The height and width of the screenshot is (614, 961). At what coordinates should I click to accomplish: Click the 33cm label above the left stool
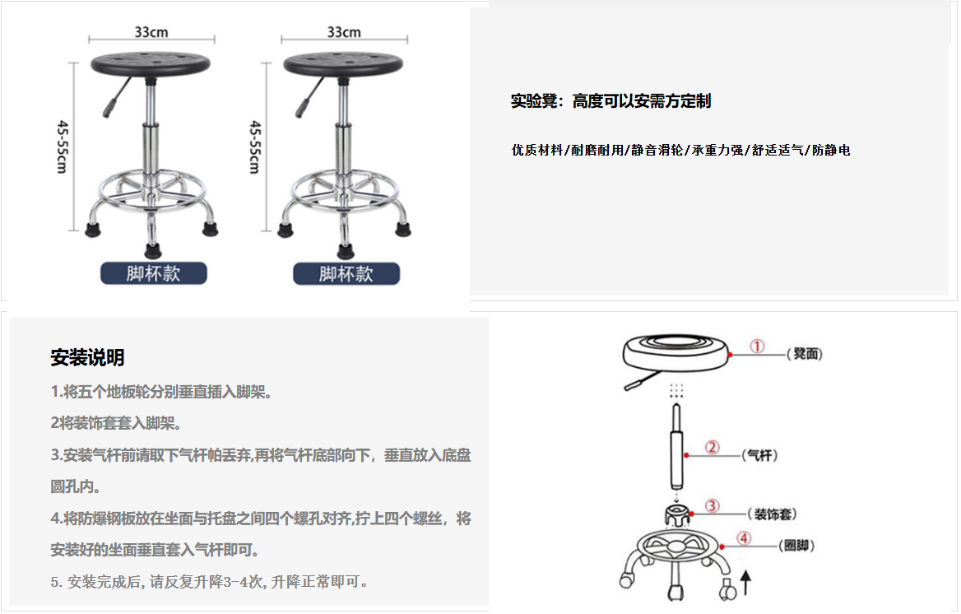[x=151, y=32]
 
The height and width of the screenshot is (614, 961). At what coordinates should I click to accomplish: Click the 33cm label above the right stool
[x=344, y=32]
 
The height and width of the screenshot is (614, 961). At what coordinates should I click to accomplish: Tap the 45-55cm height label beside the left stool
[x=63, y=147]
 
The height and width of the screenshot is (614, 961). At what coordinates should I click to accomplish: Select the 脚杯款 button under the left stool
[x=154, y=273]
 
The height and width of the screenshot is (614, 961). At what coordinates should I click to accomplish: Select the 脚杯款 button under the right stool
[x=346, y=273]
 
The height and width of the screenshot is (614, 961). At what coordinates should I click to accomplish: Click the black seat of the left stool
[x=150, y=64]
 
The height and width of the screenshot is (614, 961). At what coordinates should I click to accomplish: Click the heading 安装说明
[x=88, y=357]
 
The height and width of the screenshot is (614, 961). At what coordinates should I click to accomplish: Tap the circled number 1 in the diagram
[x=757, y=347]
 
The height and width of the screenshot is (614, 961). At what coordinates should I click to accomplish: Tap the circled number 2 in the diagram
[x=712, y=447]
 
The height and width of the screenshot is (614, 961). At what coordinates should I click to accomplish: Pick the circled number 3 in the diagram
[x=712, y=506]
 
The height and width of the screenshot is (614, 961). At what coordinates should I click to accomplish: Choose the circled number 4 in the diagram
[x=744, y=538]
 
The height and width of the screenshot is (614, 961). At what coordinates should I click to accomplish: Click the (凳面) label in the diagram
[x=805, y=354]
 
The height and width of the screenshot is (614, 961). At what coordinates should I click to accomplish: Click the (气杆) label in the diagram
[x=760, y=455]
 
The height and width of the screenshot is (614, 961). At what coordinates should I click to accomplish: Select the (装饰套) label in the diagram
[x=773, y=514]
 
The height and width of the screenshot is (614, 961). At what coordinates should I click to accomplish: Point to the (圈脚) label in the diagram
[x=796, y=546]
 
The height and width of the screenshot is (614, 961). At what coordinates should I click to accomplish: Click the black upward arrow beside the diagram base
[x=746, y=583]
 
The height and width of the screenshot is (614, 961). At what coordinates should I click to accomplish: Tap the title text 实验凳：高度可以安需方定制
[x=611, y=100]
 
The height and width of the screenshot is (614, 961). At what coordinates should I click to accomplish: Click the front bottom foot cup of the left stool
[x=152, y=250]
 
